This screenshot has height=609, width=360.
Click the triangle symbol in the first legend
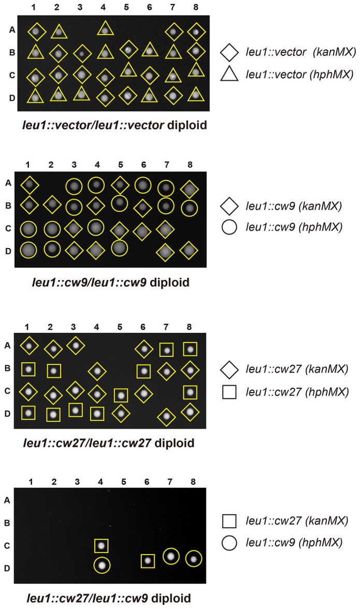pos(229,75)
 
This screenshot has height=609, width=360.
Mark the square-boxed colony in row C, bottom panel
pos(102,545)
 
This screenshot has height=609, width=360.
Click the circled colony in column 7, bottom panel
pos(171,557)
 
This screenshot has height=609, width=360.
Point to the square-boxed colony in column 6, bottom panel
pos(148,560)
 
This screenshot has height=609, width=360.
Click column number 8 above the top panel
pos(196,9)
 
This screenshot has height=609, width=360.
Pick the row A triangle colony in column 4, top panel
pos(105,31)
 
